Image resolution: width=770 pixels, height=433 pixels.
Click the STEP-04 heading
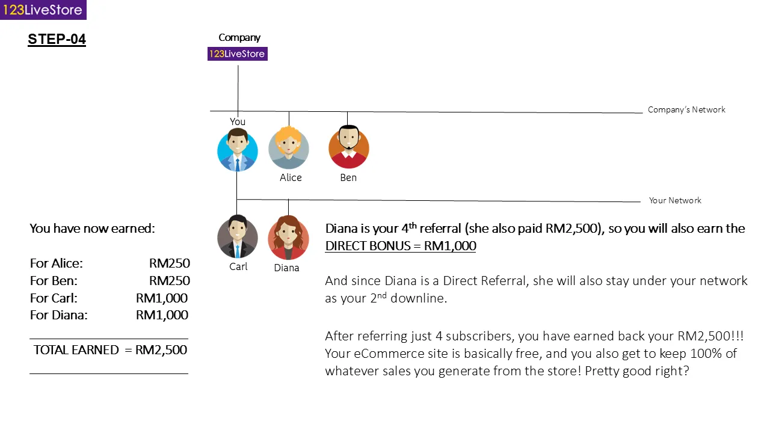pos(57,40)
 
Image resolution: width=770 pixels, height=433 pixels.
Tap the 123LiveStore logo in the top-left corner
pos(43,10)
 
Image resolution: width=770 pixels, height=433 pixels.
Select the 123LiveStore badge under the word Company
pos(237,54)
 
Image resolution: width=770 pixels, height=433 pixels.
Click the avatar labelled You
pos(238,150)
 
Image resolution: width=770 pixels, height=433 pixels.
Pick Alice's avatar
pos(289,148)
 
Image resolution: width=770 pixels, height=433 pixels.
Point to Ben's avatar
pos(348,147)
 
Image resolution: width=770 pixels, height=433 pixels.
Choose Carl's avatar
pos(238,238)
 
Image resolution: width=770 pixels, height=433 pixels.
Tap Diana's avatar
pos(288,238)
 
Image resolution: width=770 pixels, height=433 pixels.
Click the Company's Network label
pos(686,109)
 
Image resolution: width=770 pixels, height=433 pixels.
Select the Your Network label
pos(675,200)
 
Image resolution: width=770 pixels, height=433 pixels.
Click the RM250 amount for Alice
pos(170,263)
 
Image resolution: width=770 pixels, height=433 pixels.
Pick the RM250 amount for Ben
pos(170,281)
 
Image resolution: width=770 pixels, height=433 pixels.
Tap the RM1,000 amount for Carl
pos(162,298)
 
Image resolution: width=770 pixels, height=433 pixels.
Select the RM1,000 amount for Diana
pos(162,315)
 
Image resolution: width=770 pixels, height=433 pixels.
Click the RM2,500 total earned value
pos(161,350)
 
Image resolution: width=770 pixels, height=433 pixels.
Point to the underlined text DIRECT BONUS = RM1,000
pos(401,246)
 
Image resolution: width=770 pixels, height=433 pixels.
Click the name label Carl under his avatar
pos(238,266)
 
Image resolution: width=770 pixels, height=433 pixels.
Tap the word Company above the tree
pos(239,37)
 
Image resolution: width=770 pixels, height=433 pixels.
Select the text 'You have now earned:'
pos(92,229)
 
